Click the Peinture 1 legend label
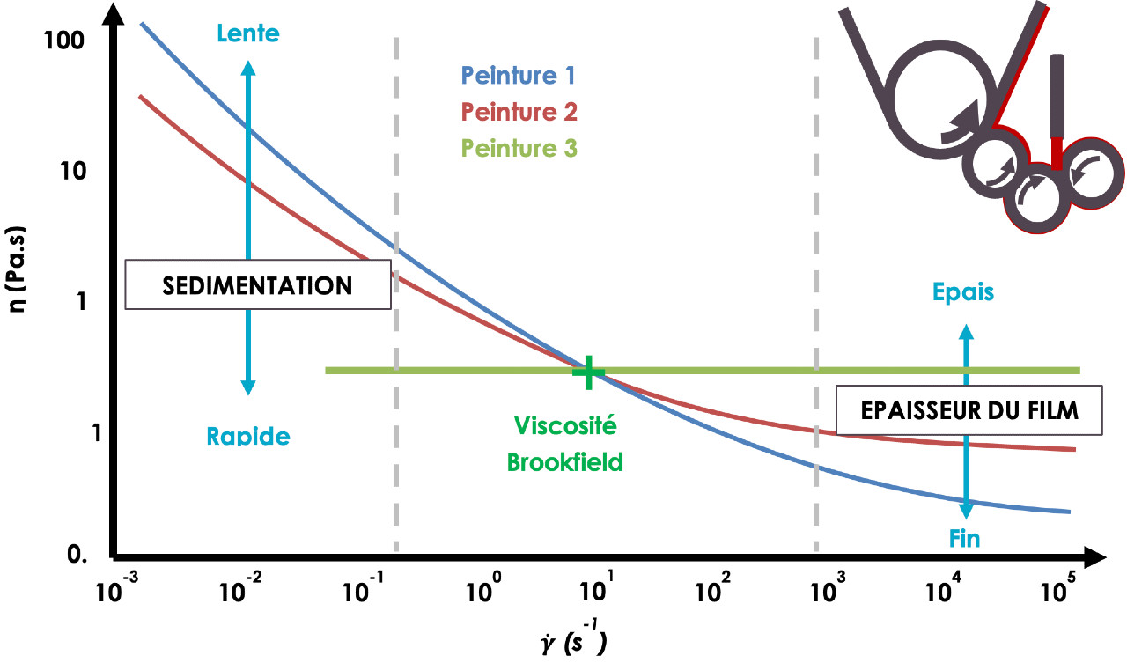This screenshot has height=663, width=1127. (x=518, y=76)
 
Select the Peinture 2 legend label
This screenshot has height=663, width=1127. (x=519, y=112)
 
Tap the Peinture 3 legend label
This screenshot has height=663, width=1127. (x=519, y=148)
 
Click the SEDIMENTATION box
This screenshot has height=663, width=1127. (x=258, y=284)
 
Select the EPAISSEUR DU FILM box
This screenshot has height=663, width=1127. (x=969, y=410)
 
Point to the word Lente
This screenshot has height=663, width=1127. (x=248, y=33)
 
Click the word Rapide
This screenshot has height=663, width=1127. (x=248, y=436)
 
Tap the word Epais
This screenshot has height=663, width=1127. (x=963, y=292)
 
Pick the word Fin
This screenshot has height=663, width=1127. (x=964, y=539)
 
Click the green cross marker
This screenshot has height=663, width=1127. (x=588, y=372)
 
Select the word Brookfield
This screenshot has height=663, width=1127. (x=564, y=461)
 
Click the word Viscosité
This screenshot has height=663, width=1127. (x=565, y=425)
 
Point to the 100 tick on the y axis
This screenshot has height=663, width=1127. (x=64, y=41)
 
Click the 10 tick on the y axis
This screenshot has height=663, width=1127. (x=73, y=171)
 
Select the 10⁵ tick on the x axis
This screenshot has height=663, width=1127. (x=1057, y=587)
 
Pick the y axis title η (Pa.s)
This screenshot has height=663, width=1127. (x=16, y=269)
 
